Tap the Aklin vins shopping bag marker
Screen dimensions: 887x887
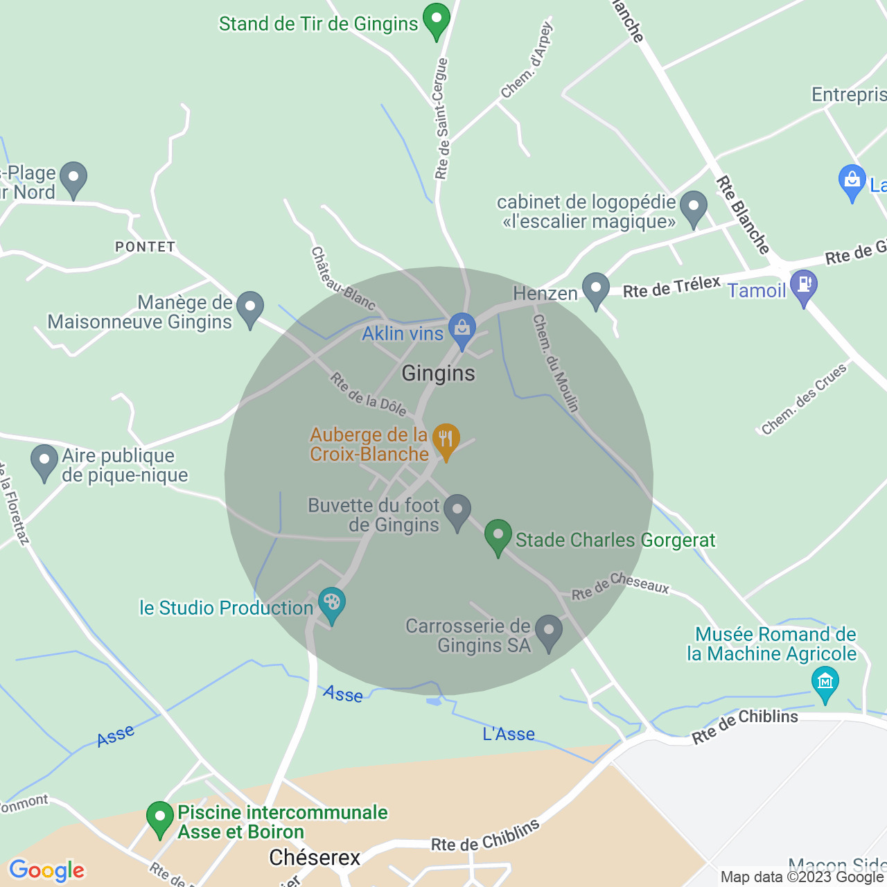click(462, 328)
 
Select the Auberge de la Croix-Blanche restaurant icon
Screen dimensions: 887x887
click(446, 439)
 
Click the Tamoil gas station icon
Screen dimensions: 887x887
click(804, 286)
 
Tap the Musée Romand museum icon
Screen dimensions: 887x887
click(825, 682)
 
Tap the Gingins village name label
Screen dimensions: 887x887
click(439, 374)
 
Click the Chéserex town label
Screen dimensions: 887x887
click(315, 858)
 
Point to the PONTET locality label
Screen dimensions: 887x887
click(146, 247)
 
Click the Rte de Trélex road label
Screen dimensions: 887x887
click(671, 287)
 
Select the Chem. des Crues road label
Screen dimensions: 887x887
click(804, 399)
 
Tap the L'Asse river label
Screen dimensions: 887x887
click(509, 734)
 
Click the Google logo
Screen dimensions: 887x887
click(47, 870)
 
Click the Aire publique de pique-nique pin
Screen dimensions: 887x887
click(44, 460)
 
